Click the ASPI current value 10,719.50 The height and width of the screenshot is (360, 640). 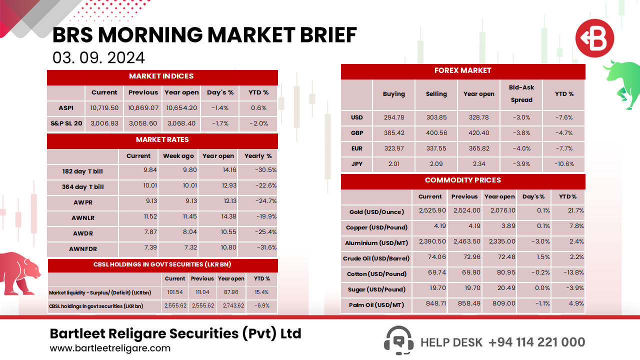click(x=104, y=107)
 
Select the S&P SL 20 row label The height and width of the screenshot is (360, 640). click(x=66, y=123)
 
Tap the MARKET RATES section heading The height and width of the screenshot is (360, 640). click(x=162, y=139)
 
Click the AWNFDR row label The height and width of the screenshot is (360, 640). click(x=82, y=248)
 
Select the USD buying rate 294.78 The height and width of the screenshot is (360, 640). click(x=394, y=117)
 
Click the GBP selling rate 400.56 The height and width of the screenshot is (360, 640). click(x=436, y=133)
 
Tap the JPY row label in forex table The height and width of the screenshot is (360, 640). click(x=356, y=163)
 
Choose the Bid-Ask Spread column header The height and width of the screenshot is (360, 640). click(x=521, y=93)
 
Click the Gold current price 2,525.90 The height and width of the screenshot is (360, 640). click(x=430, y=211)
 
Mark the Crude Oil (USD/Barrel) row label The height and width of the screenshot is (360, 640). click(x=376, y=258)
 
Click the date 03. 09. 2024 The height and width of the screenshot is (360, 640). click(x=98, y=57)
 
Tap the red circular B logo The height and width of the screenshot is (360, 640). click(x=594, y=38)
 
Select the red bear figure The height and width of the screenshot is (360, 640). click(x=20, y=272)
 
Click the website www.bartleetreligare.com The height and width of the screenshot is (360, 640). click(x=110, y=348)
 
